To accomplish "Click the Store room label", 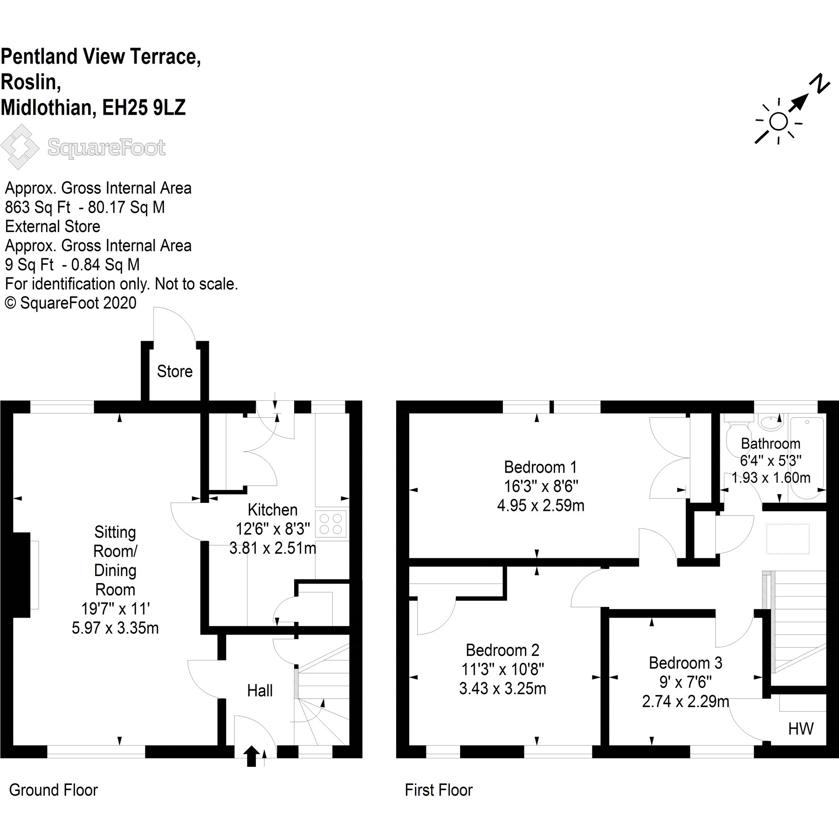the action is [175, 371].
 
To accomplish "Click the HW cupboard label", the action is [801, 729].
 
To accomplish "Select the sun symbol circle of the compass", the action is [778, 122].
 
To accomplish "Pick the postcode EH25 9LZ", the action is [144, 108].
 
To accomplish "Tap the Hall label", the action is [260, 690].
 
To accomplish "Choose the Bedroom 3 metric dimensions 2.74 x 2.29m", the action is [685, 701].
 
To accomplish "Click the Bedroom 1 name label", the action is [541, 467].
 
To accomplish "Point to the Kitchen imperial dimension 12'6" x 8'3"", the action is [273, 529].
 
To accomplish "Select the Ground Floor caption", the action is [54, 790].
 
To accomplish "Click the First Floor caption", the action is [439, 790].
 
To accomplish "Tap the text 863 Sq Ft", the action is [37, 207].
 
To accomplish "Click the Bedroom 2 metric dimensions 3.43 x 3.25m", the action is [502, 688].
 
